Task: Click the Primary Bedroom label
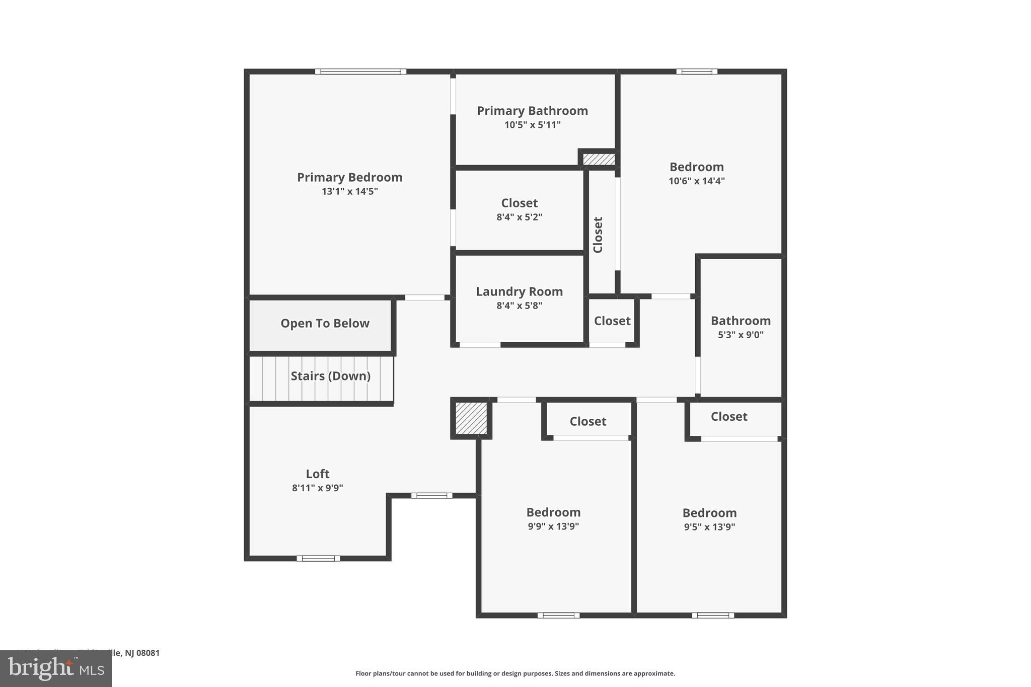(349, 178)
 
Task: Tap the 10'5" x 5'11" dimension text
(532, 125)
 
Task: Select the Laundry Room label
(519, 292)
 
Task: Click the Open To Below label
(325, 324)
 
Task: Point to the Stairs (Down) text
(330, 376)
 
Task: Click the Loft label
(318, 474)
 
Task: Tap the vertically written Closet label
(598, 235)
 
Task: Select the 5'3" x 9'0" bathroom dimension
(740, 335)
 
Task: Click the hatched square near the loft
(471, 418)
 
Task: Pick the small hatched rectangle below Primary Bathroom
(599, 160)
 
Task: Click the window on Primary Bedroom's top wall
(360, 71)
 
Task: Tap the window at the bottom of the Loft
(318, 558)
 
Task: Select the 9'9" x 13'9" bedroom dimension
(553, 526)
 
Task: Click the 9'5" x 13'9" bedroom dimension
(709, 527)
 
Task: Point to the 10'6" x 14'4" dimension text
(696, 181)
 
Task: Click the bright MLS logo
(56, 668)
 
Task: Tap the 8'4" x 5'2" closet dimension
(519, 217)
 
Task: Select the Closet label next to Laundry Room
(612, 321)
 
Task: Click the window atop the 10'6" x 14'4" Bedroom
(697, 71)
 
